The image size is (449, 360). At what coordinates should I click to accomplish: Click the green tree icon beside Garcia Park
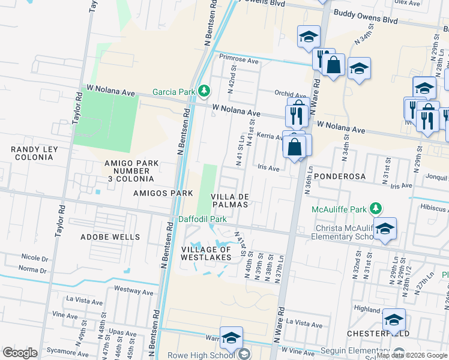click(x=205, y=91)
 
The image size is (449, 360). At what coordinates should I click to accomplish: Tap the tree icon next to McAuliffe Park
click(x=376, y=209)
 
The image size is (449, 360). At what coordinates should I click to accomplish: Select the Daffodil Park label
click(x=202, y=219)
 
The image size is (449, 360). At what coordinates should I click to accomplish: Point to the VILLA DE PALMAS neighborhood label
click(x=229, y=200)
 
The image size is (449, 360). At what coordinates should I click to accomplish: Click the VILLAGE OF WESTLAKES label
click(x=206, y=253)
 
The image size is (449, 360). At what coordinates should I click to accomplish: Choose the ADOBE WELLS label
click(x=110, y=237)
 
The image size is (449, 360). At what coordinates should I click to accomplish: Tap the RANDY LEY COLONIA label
click(x=27, y=153)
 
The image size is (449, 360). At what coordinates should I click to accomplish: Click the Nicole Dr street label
click(x=34, y=259)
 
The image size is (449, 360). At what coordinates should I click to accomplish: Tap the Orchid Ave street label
click(x=290, y=94)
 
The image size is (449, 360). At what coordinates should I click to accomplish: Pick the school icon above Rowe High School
click(x=231, y=338)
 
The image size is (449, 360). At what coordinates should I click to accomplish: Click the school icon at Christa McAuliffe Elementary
click(x=384, y=229)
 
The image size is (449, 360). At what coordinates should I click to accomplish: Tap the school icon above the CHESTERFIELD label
click(x=394, y=319)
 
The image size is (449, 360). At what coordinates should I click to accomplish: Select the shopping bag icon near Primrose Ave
click(x=334, y=64)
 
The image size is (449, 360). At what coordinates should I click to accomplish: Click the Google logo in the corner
click(x=20, y=353)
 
